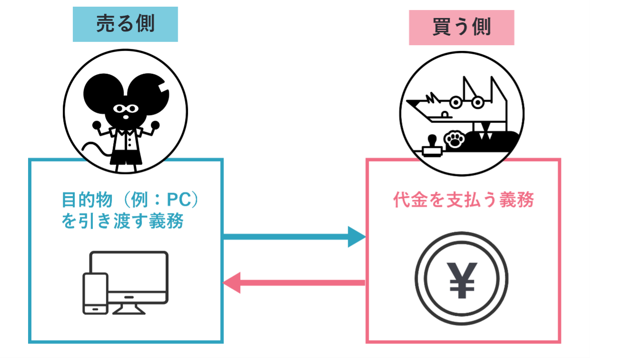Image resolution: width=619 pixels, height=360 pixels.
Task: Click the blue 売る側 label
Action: [x=125, y=24]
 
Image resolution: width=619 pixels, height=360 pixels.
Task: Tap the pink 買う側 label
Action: [x=461, y=28]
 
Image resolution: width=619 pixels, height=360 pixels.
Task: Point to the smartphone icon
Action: [x=95, y=293]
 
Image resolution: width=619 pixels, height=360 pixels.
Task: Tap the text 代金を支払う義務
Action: [x=463, y=200]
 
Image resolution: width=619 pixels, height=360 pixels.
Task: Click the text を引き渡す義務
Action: [x=122, y=221]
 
